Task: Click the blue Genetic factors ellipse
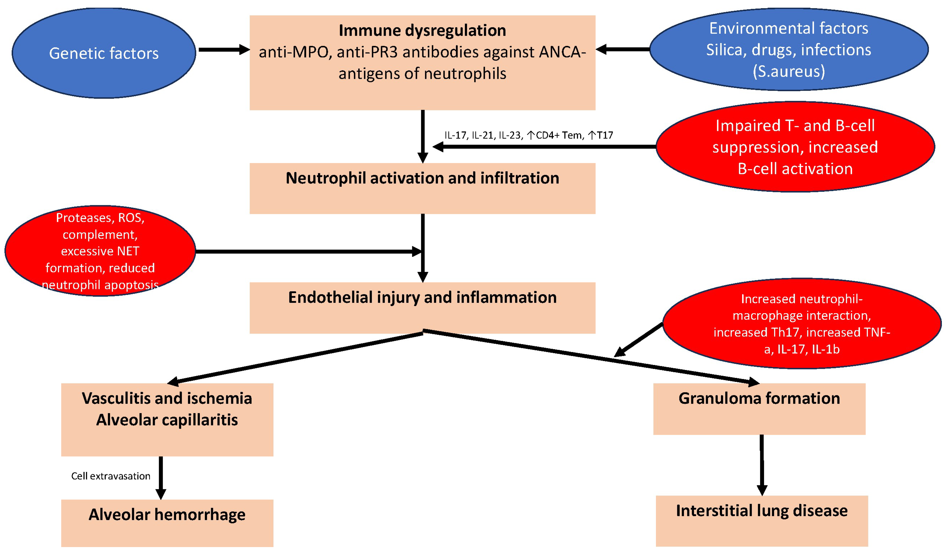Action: pos(104,53)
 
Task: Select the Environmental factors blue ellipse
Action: pos(789,49)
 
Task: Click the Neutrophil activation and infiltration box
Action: pos(423,188)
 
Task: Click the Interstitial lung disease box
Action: pos(762,521)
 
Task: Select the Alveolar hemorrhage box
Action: pos(167,523)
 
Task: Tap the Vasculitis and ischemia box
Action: pos(167,420)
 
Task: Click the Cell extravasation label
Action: pos(111,476)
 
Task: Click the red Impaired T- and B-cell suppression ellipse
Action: pos(795,147)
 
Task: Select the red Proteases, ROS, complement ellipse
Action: pos(100,251)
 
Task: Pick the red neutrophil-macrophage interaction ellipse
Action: pos(802,324)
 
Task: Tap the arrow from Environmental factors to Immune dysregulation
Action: pos(623,49)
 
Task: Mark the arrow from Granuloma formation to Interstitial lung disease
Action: pos(762,465)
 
